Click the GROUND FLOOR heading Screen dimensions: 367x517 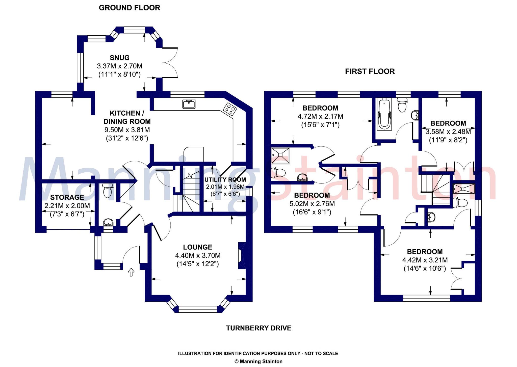129,8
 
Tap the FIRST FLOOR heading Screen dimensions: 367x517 370,71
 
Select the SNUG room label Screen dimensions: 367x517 120,58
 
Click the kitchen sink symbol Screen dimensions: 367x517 189,104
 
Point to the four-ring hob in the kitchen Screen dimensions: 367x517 230,109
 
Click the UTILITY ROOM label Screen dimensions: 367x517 225,179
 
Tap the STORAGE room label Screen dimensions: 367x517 67,197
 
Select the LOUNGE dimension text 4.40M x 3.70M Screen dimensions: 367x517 198,255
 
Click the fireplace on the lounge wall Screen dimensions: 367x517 242,255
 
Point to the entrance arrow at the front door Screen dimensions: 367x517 131,272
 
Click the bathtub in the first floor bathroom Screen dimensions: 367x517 384,114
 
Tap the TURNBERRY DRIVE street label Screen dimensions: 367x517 258,328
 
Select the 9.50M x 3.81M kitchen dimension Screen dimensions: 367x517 127,130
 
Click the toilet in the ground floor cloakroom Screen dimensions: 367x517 108,191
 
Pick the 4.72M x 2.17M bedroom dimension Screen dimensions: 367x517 320,116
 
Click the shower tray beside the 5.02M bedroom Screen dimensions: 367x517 280,156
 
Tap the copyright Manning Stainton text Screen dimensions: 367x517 258,361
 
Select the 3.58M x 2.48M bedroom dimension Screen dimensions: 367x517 448,132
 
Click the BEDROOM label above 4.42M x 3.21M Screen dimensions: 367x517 425,252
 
